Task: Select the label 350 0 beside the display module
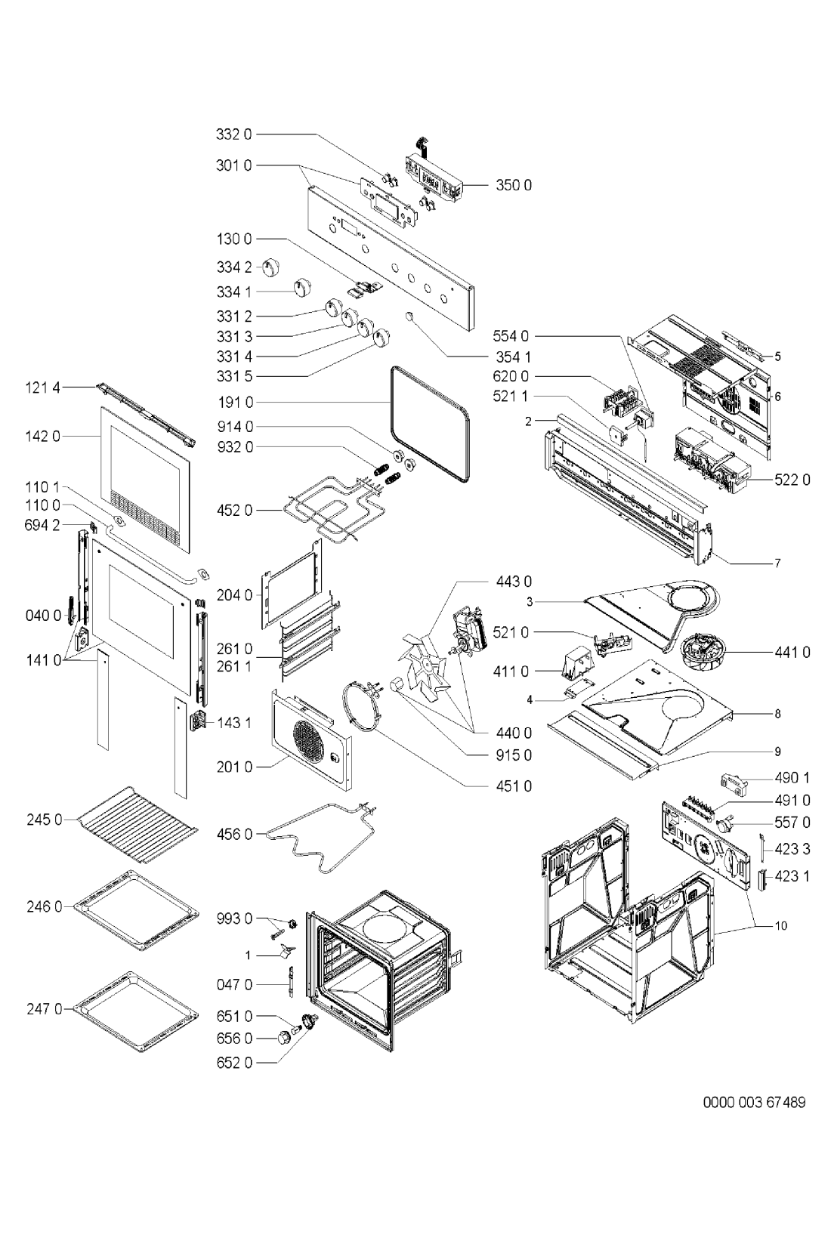514,184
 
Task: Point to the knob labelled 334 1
302,288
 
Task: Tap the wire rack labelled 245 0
139,825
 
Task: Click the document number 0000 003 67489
754,1102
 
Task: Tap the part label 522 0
792,480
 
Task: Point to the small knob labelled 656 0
286,1039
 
